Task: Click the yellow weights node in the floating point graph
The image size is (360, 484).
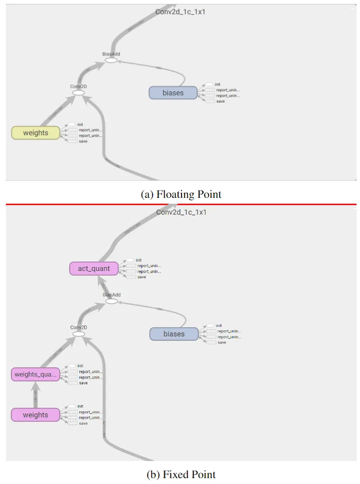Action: (x=35, y=133)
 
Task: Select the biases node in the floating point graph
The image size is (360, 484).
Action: (x=173, y=93)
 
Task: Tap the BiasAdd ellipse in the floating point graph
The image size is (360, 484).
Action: (x=111, y=60)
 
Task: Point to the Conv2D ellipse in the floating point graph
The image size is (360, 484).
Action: (x=78, y=92)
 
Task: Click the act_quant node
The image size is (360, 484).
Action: (x=94, y=269)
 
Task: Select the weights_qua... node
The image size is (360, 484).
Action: (x=35, y=374)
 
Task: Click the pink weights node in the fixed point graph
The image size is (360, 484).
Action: (x=35, y=415)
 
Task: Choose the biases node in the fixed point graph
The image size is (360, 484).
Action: (x=174, y=334)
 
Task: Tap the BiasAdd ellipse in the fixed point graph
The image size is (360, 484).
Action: (x=112, y=301)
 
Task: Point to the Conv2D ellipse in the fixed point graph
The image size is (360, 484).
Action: (x=79, y=333)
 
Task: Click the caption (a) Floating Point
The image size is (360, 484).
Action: (x=181, y=194)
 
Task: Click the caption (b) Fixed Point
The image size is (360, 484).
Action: (x=181, y=474)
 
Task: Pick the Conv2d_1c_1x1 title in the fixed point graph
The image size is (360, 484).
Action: (x=181, y=212)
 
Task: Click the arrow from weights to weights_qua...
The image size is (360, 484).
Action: (x=35, y=394)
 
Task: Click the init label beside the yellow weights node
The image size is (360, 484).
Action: (x=80, y=124)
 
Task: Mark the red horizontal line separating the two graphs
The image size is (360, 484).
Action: (x=181, y=204)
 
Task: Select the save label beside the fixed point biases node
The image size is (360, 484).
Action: (x=222, y=342)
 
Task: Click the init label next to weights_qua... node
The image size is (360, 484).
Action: (x=80, y=366)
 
